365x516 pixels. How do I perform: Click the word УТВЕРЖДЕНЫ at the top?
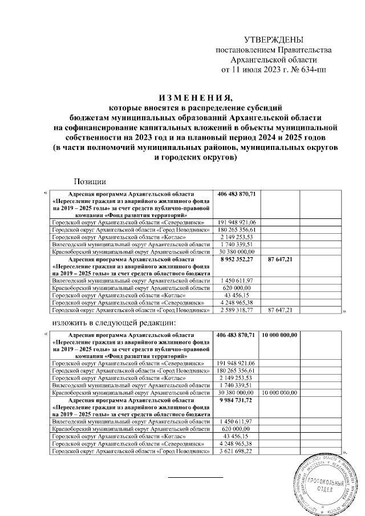coord(273,40)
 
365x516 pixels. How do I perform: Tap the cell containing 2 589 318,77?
coord(237,310)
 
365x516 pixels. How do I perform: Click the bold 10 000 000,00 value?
coord(280,336)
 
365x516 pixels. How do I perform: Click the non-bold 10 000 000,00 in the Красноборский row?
coord(280,393)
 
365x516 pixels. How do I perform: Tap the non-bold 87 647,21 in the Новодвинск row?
coord(280,310)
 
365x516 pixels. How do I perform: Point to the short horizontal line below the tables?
coord(196,476)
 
